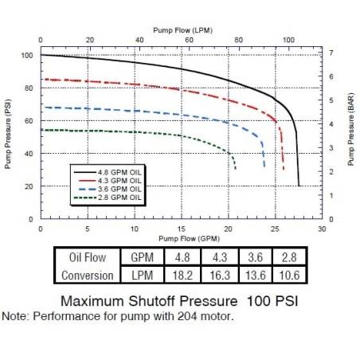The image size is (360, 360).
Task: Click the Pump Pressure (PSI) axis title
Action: (9, 134)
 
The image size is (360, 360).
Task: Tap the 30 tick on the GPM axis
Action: (322, 227)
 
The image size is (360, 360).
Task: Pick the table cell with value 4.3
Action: (216, 256)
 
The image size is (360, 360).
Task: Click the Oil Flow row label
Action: (85, 256)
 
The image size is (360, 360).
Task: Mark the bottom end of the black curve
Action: (299, 185)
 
